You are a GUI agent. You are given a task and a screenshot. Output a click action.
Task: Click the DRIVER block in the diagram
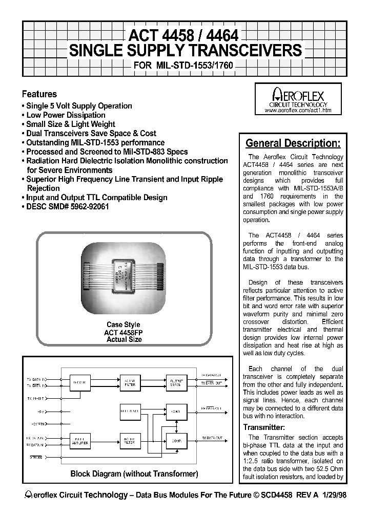(79, 382)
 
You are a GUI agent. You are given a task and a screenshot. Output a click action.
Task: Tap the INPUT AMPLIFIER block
(79, 440)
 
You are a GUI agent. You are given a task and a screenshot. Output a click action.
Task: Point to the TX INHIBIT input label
(36, 398)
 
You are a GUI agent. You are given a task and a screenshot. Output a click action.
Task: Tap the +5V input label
(41, 411)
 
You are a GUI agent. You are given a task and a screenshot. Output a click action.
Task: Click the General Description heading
(293, 143)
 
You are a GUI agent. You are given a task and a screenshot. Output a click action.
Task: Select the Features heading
(39, 94)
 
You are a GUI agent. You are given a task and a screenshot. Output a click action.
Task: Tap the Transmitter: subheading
(264, 427)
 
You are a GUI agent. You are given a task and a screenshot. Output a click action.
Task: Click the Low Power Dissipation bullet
(66, 115)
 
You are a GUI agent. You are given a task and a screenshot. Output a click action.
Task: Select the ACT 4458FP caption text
(123, 332)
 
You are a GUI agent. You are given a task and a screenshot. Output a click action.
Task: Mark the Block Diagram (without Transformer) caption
(134, 474)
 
